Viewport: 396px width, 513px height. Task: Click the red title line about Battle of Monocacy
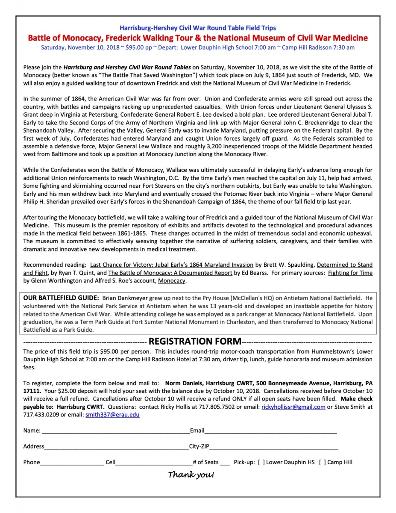pos(198,38)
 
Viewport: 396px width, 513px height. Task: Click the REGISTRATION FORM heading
pos(195,341)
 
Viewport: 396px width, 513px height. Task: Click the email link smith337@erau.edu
pos(112,414)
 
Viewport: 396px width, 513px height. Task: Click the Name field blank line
pos(115,431)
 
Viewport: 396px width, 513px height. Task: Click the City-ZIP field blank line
pos(273,447)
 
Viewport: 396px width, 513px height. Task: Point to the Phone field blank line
pos(72,463)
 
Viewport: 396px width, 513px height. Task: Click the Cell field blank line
pos(153,463)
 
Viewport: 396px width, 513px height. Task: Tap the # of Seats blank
pos(225,463)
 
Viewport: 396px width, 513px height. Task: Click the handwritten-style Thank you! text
pos(191,475)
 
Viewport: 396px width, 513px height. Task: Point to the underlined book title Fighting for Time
pos(350,273)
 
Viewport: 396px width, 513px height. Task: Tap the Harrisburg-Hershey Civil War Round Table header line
pos(198,28)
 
